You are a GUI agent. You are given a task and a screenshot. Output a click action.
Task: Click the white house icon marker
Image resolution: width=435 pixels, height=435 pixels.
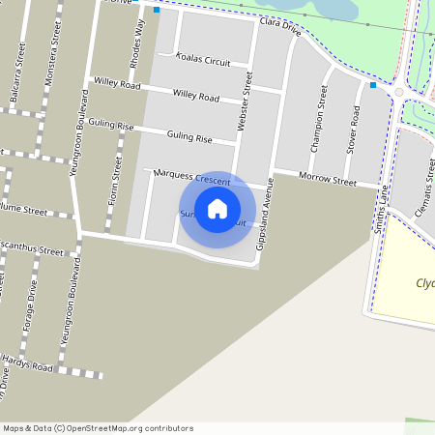click(x=217, y=209)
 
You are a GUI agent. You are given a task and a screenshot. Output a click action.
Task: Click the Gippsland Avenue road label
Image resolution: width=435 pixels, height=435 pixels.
click(x=266, y=214)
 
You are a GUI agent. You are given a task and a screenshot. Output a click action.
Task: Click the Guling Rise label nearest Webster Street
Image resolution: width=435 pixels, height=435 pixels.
click(x=189, y=138)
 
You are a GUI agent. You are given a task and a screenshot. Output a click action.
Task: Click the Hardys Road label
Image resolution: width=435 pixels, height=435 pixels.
click(x=26, y=362)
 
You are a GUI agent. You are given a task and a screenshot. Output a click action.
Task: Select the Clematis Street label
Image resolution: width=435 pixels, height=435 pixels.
click(x=425, y=188)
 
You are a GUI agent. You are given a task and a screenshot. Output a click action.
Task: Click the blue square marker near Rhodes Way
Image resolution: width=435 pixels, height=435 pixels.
click(x=157, y=11)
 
